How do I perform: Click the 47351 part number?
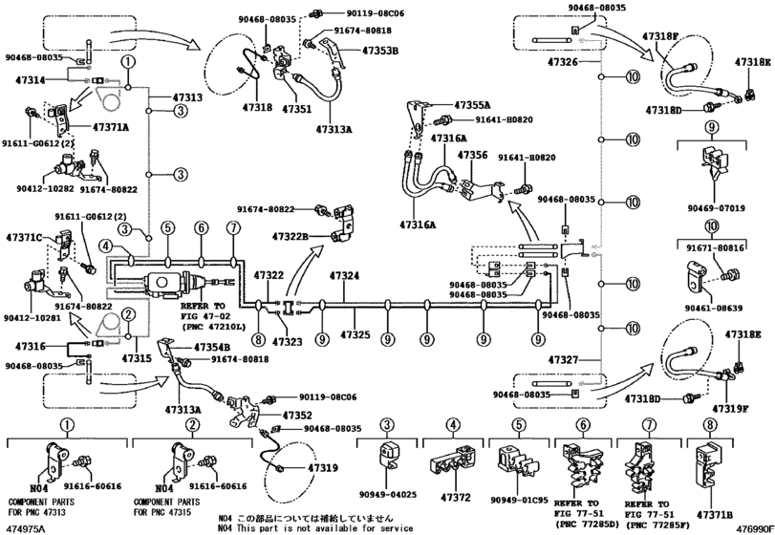pos(296,110)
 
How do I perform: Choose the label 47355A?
pos(472,104)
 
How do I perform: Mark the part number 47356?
pos(472,155)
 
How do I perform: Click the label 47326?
pos(564,61)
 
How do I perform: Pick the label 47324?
pos(345,276)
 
